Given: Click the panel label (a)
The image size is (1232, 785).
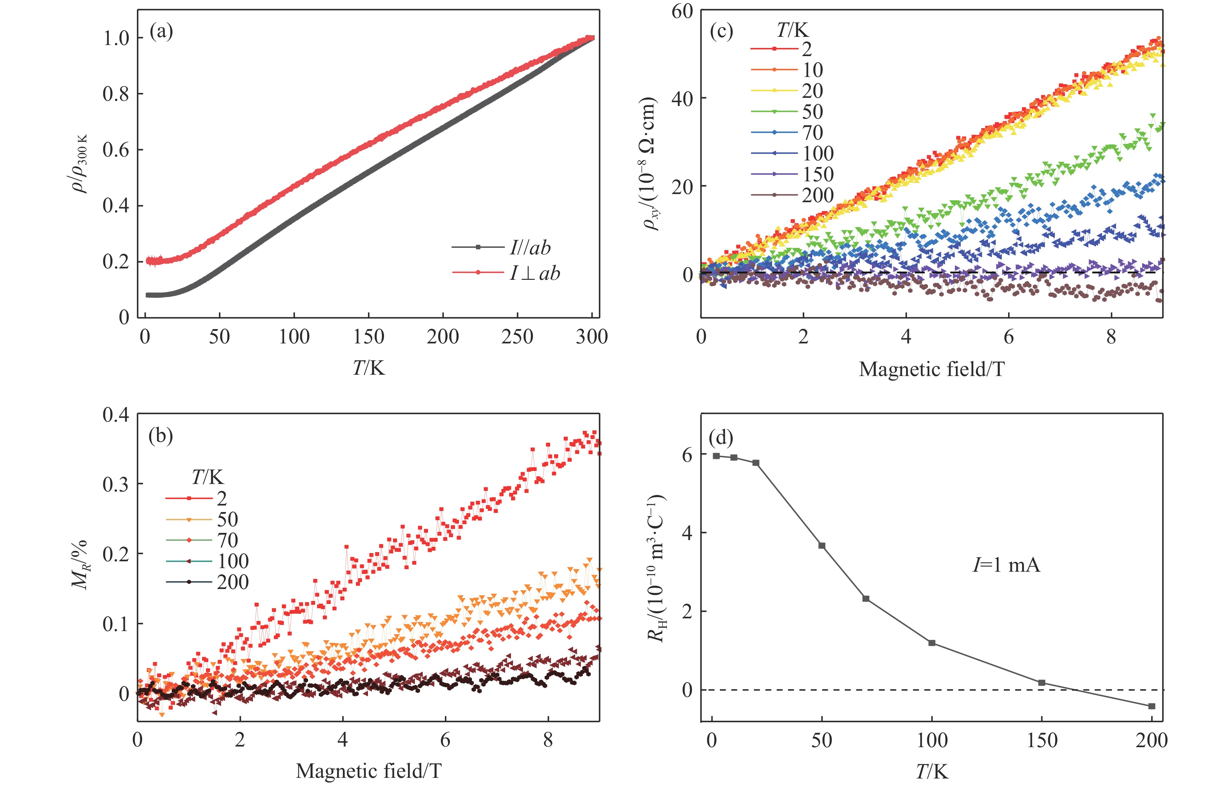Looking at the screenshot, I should tap(161, 32).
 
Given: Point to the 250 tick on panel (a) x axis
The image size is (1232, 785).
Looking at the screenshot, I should tap(517, 337).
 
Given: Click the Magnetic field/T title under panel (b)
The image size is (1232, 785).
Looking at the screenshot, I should tap(368, 771).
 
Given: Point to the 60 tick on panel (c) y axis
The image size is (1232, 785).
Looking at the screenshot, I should tap(682, 11).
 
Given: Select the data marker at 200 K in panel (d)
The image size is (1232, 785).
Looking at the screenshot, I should tap(1152, 706).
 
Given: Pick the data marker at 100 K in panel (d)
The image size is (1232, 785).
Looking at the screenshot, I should tap(932, 643).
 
